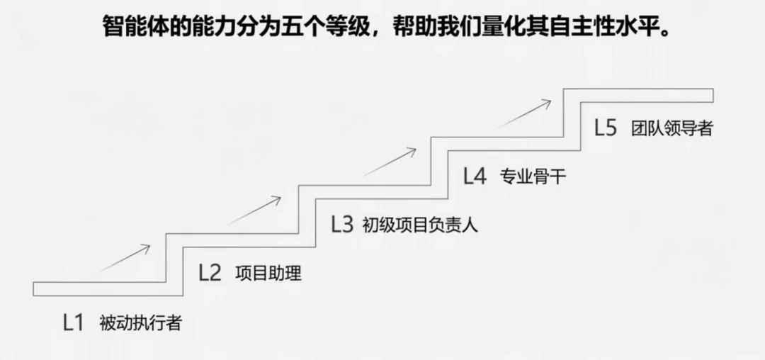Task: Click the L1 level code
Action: coord(73,323)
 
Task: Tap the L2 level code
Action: coord(210,273)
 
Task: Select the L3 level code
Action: coord(341,225)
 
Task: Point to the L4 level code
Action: coord(475,176)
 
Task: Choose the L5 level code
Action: coord(606,128)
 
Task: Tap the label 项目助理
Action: coord(268,274)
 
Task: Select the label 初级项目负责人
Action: coord(420,225)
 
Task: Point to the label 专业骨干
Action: coord(533,176)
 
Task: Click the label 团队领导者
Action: coord(671,129)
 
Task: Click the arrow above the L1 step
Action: coord(123,258)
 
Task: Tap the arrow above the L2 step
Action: coord(255,210)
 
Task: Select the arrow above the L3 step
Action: coord(390,161)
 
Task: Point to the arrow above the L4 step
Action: coord(523,113)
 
